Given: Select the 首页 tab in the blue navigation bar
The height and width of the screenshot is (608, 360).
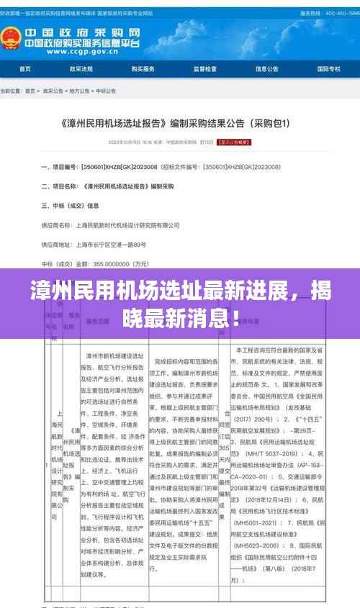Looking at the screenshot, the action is [x=25, y=69].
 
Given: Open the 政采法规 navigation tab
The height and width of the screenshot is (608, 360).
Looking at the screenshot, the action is [x=81, y=69].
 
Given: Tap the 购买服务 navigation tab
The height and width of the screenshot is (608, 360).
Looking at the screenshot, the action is [x=143, y=69].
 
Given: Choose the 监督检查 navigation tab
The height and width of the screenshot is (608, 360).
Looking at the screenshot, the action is [x=205, y=69].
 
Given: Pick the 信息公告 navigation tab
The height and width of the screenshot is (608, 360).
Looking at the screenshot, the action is [x=267, y=69].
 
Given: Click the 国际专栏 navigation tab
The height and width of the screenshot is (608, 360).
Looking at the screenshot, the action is [x=329, y=69].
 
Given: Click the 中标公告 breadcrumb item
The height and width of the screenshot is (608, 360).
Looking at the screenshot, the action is [x=105, y=91].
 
